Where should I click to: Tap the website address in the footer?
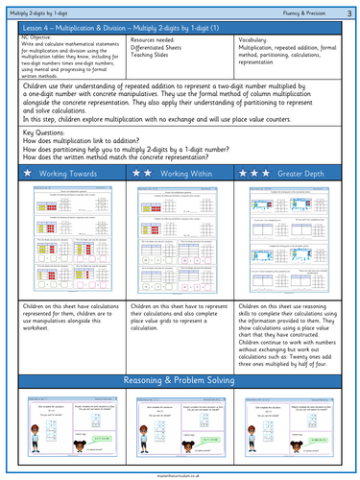tap(180, 474)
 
